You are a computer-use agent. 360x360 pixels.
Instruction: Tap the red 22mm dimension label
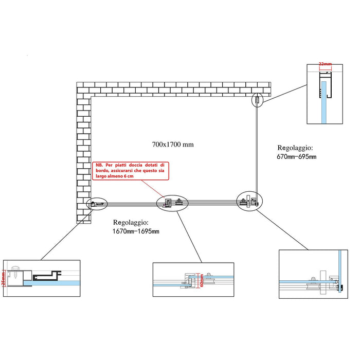coord(326,64)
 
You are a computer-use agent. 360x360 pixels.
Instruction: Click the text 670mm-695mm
coord(296,156)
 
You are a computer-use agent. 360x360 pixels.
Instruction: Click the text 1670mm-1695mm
coord(136,231)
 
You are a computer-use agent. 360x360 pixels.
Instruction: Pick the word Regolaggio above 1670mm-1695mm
coord(131,223)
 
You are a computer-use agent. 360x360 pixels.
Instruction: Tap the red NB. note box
coord(131,170)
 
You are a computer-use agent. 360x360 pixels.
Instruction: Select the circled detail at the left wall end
coord(96,205)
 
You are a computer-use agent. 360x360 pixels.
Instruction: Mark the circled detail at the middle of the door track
coord(172,203)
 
